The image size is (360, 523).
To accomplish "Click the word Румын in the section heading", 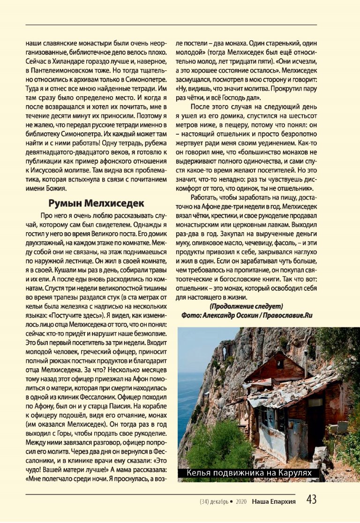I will click(x=65, y=204).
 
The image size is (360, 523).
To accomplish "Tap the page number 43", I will click(x=311, y=500).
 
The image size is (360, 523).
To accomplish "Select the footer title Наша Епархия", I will click(x=273, y=501).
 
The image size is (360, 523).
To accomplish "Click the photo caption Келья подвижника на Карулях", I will click(x=248, y=474).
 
